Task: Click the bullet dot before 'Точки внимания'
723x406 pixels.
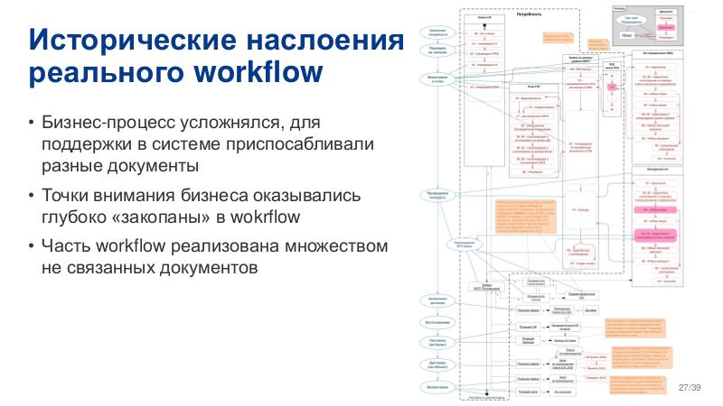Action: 33,196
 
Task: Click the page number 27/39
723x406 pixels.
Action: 689,387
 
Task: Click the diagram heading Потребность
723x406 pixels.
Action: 528,14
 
